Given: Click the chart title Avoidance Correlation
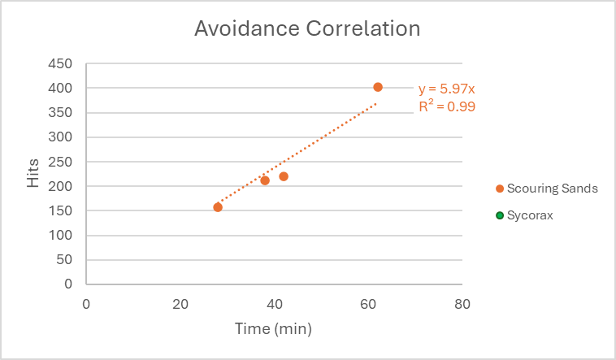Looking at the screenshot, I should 307,29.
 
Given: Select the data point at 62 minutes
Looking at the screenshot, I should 378,87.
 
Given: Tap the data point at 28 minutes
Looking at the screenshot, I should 218,207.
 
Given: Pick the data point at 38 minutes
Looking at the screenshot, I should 265,180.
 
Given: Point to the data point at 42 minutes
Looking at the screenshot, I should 284,176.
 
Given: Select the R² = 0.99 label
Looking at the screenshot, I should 446,106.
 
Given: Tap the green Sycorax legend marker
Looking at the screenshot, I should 500,215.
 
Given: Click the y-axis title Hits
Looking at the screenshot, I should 33,174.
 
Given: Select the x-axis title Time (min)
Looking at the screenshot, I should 273,329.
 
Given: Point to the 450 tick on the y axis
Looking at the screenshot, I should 62,63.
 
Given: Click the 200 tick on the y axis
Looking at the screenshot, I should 62,186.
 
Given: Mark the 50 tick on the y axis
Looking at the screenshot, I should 65,260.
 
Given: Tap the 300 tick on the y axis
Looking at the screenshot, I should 62,137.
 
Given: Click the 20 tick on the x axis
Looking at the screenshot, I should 180,304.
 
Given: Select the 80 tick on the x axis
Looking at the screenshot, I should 462,304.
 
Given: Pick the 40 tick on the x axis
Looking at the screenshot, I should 275,304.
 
